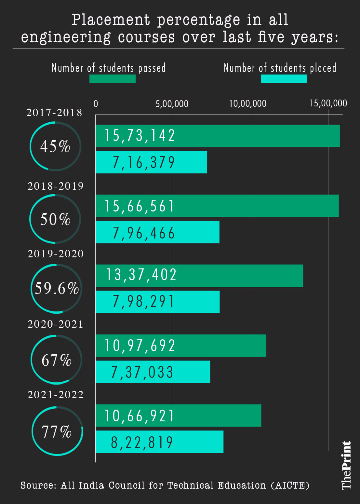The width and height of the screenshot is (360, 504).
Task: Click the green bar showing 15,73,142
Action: tap(218, 136)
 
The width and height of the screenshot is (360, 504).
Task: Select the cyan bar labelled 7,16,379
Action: tap(151, 162)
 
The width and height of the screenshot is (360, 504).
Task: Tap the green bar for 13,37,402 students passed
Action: tap(199, 276)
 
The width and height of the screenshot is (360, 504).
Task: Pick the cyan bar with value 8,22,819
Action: tap(159, 442)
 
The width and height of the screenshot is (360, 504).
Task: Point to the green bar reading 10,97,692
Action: tap(180, 346)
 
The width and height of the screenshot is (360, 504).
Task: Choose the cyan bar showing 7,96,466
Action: tap(157, 232)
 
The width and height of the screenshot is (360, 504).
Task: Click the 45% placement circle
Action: tap(55, 146)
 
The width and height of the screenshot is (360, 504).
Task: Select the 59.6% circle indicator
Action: tap(57, 289)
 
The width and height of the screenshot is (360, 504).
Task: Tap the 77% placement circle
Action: tap(57, 431)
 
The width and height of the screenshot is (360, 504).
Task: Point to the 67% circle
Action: tap(57, 360)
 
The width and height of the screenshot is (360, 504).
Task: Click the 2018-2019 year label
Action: tap(56, 186)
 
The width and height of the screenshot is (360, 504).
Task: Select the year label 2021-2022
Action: tap(56, 395)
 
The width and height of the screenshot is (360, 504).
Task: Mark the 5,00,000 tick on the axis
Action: tap(172, 104)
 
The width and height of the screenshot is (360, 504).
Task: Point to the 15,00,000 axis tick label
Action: tap(328, 103)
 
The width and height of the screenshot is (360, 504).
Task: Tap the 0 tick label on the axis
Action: tap(96, 104)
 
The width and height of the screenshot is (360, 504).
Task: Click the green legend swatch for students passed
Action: tap(113, 79)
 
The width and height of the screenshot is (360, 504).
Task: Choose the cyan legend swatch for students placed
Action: tap(284, 79)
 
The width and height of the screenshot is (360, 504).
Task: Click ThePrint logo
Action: tap(347, 465)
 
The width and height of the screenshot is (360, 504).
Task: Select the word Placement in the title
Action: tap(111, 20)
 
